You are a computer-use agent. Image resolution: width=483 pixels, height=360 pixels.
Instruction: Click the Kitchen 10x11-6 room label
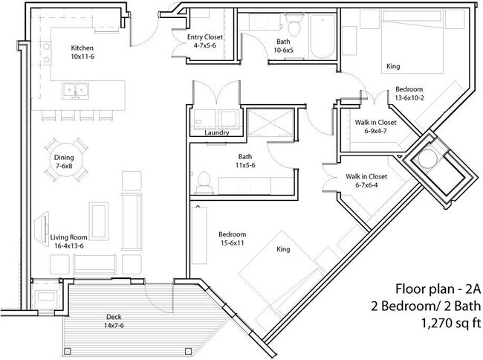[82, 51]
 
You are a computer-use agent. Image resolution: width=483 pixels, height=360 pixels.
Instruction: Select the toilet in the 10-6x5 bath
[294, 27]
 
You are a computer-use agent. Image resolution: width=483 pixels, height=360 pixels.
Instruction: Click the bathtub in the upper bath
[322, 35]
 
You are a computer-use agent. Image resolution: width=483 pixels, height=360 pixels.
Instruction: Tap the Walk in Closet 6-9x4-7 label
[375, 126]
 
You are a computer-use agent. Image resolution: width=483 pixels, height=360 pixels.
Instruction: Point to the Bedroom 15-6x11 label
[233, 237]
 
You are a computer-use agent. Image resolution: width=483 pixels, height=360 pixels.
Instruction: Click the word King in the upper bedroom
[394, 66]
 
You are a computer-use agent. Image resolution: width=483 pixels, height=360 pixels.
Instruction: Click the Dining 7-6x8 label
[65, 161]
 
